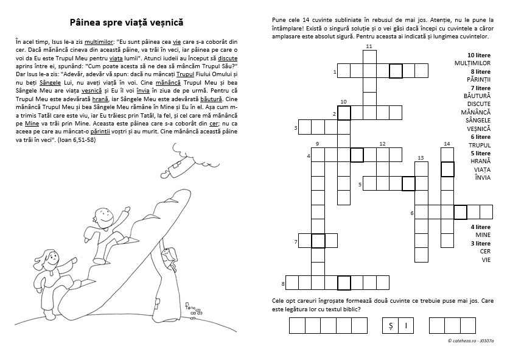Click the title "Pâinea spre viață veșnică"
pos(127,23)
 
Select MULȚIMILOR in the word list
pos(472,63)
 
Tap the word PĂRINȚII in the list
pos(478,79)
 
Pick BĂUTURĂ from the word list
pos(477,96)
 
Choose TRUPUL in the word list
pos(480,145)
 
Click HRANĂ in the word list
pos(480,161)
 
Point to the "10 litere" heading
pos(479,55)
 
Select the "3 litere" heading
pos(480,244)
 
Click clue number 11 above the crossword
pos(369,46)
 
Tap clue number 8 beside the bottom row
pos(283,284)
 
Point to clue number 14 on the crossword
pos(447,144)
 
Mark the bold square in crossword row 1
pos(396,71)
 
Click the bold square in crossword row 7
pos(318,241)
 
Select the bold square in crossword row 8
pos(344,283)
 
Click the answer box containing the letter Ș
pos(390,325)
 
